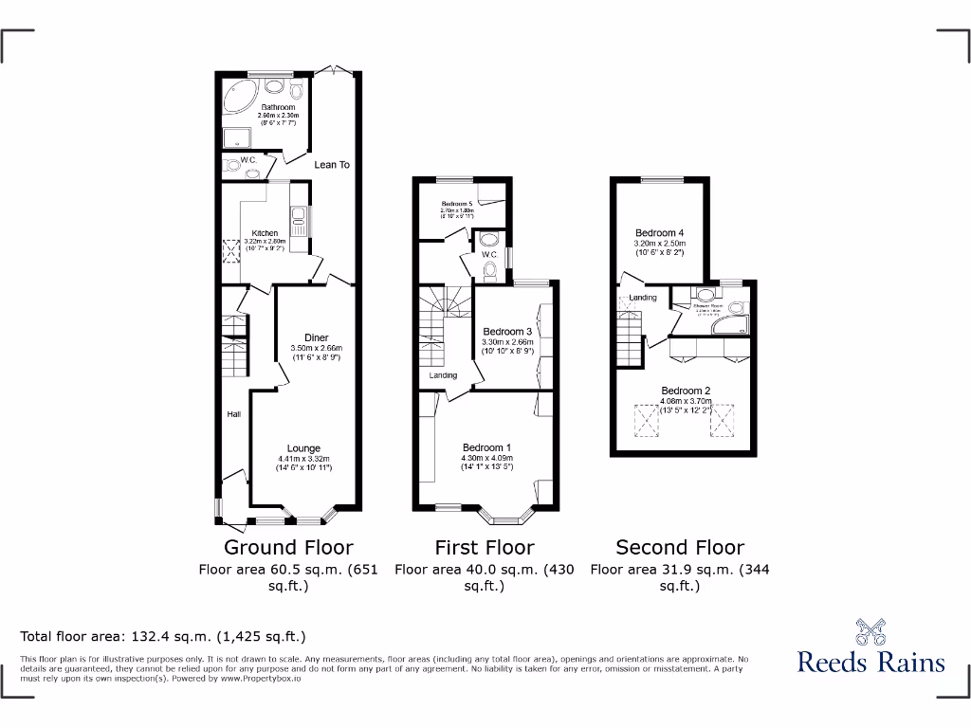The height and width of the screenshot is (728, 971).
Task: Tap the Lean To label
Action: pyautogui.click(x=332, y=165)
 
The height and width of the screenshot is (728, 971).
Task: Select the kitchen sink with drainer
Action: pyautogui.click(x=297, y=221)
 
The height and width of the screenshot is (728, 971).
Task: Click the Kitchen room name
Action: pyautogui.click(x=265, y=233)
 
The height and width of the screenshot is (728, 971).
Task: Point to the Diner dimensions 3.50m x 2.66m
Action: pyautogui.click(x=316, y=348)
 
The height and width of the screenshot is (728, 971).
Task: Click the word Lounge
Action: pyautogui.click(x=304, y=448)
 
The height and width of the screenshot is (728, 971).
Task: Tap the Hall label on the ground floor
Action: pyautogui.click(x=233, y=414)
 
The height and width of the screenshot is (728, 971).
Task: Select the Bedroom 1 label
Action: pyautogui.click(x=486, y=448)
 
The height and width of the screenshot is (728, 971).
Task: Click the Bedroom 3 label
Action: pyautogui.click(x=507, y=332)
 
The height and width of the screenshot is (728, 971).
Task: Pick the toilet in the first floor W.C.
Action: pyautogui.click(x=488, y=271)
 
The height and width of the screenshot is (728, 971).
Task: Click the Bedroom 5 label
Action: pyautogui.click(x=457, y=204)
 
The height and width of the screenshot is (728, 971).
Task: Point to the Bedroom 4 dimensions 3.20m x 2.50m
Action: pyautogui.click(x=660, y=244)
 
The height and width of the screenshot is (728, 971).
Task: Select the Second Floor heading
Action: pyautogui.click(x=680, y=547)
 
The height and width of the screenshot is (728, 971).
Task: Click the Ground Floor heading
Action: pyautogui.click(x=288, y=547)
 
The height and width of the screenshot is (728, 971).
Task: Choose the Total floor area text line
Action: pyautogui.click(x=163, y=637)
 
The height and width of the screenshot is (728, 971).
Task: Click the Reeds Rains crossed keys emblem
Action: pyautogui.click(x=870, y=630)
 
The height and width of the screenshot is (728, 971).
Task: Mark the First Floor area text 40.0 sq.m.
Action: pyautogui.click(x=484, y=570)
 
